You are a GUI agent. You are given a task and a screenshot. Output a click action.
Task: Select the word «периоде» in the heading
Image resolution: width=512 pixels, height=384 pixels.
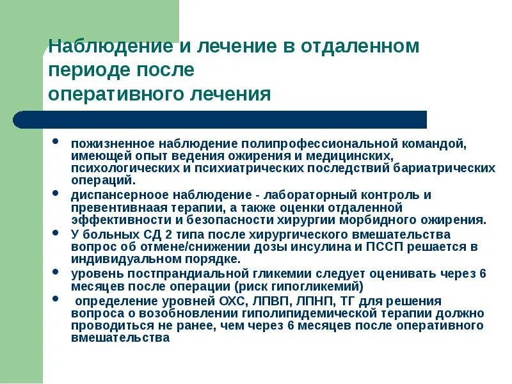88,70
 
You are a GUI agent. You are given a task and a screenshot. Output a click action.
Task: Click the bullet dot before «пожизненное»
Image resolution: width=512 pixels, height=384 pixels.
57,140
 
